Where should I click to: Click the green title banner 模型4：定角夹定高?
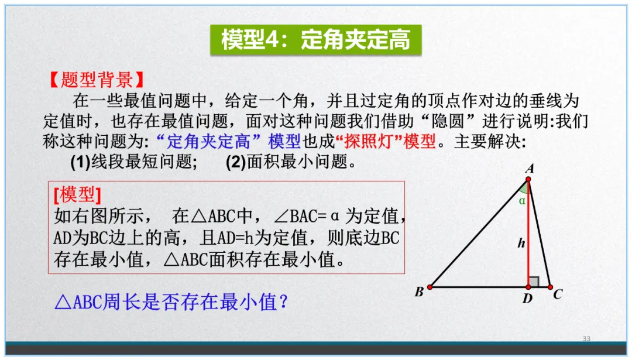pyautogui.click(x=315, y=40)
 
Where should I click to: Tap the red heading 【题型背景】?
pyautogui.click(x=95, y=79)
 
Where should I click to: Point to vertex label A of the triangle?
pyautogui.click(x=530, y=169)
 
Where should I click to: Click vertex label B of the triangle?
pyautogui.click(x=419, y=292)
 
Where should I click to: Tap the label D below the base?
pyautogui.click(x=528, y=299)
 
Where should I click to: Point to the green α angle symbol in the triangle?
pyautogui.click(x=522, y=200)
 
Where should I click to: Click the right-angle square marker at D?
pyautogui.click(x=533, y=282)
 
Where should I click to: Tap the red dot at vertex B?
pyautogui.click(x=430, y=287)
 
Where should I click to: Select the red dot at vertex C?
pyautogui.click(x=550, y=287)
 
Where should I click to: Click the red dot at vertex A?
pyautogui.click(x=528, y=180)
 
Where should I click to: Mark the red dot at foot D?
pyautogui.click(x=528, y=287)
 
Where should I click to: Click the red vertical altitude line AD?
pyautogui.click(x=528, y=234)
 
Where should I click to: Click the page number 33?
pyautogui.click(x=586, y=339)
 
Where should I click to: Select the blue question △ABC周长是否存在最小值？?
pyautogui.click(x=172, y=302)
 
